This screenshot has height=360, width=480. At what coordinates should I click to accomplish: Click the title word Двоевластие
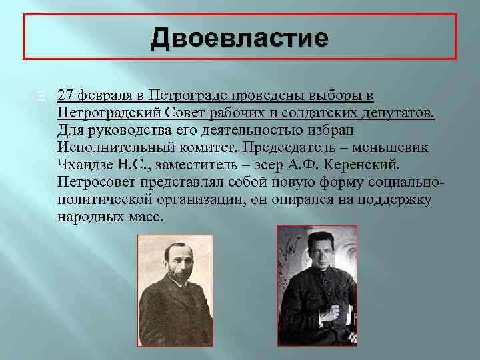tap(239, 37)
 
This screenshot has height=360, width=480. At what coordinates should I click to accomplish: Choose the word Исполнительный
tap(117, 147)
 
